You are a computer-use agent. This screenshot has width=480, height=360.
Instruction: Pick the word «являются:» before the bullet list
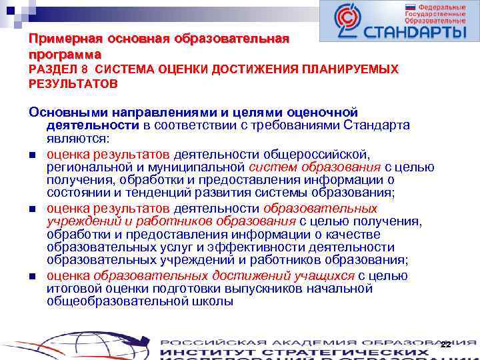pos(79,139)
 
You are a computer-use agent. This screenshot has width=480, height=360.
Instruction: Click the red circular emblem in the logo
pos(347,21)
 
